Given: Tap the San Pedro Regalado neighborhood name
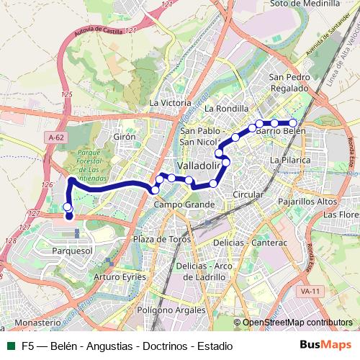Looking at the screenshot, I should (x=289, y=82).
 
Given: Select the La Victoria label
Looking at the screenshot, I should (x=169, y=103).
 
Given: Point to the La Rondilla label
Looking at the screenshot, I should (x=225, y=109).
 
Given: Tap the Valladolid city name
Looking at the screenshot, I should (x=197, y=165).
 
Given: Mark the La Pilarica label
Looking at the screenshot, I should (x=289, y=158).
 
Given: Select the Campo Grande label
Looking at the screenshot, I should (x=184, y=205).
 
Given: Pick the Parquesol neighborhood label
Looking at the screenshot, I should (x=73, y=250).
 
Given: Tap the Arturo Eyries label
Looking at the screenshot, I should (x=120, y=276).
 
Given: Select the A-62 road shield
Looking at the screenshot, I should (x=55, y=137).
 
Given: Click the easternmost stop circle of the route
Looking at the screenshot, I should (x=292, y=123).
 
